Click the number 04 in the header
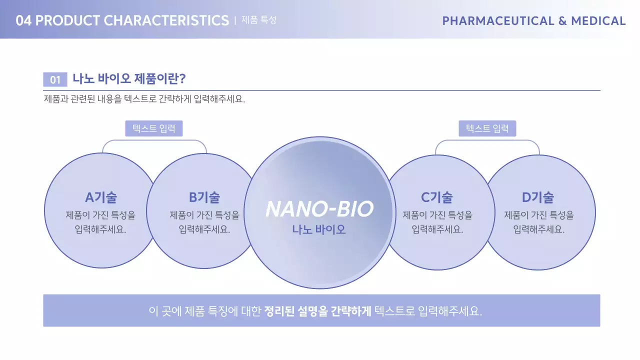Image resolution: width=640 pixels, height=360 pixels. tap(23, 20)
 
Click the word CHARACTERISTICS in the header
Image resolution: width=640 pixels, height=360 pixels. tap(166, 20)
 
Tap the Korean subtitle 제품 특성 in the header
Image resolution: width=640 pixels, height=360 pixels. tap(258, 20)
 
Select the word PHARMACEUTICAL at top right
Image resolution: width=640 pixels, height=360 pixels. tap(498, 21)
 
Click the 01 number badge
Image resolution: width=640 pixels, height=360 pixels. tap(55, 79)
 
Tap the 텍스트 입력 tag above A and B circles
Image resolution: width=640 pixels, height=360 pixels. tap(154, 128)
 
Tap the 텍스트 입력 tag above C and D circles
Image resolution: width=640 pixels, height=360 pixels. tap(487, 128)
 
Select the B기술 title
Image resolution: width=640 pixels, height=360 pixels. tap(204, 197)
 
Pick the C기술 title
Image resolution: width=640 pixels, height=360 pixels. tap(436, 197)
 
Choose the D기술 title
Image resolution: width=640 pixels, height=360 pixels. tap(538, 197)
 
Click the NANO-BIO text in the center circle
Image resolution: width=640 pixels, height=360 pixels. tap(319, 209)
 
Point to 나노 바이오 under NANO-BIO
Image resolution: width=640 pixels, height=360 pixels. tap(319, 230)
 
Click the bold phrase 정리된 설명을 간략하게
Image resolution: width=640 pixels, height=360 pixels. tap(317, 311)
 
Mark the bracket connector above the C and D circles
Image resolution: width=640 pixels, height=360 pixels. tap(487, 141)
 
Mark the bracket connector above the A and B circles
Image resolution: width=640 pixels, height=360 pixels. tap(154, 141)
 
